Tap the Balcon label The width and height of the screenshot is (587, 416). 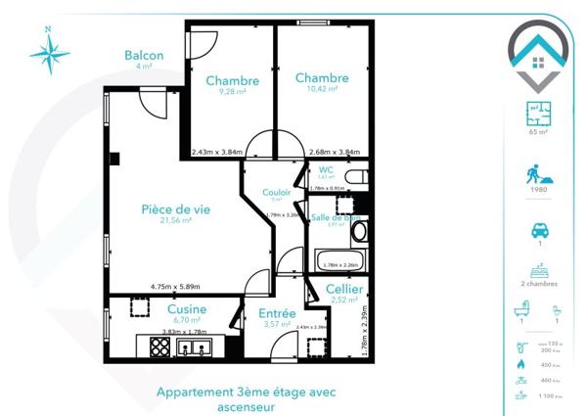(x=144, y=56)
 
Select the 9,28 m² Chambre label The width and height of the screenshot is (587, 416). (x=232, y=80)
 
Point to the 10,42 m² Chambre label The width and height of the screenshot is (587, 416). (x=321, y=78)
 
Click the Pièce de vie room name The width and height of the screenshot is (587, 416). (x=176, y=208)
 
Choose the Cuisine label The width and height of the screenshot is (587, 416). (x=186, y=308)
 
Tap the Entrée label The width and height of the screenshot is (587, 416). (x=277, y=313)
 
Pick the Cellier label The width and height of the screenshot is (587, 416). (x=344, y=290)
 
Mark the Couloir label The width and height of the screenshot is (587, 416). (x=276, y=193)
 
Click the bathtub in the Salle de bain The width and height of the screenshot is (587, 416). (x=339, y=261)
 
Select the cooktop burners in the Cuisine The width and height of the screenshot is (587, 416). (x=159, y=346)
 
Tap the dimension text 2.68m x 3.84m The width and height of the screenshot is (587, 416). (x=335, y=152)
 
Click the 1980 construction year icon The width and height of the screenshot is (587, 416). (x=537, y=176)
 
